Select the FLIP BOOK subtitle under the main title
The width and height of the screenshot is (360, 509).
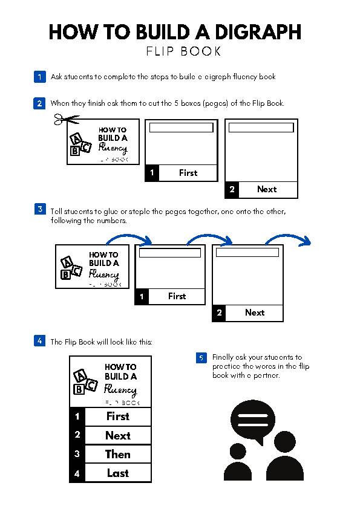click(183, 51)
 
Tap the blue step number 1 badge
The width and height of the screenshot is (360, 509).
click(39, 77)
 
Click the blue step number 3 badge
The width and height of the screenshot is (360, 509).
click(39, 209)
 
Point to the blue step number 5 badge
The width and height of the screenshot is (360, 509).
click(201, 358)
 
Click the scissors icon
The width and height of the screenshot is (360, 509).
click(65, 120)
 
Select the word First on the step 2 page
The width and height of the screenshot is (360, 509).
click(188, 173)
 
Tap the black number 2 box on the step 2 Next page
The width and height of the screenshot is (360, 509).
click(232, 189)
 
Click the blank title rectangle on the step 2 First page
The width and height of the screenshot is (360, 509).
click(181, 128)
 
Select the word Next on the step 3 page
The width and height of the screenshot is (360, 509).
click(255, 313)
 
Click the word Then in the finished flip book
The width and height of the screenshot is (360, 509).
click(118, 454)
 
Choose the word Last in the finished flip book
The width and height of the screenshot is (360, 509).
click(118, 473)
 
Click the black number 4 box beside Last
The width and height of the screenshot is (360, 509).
click(77, 473)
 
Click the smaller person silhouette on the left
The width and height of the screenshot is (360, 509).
click(237, 464)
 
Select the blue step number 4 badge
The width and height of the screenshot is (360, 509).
click(39, 341)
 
